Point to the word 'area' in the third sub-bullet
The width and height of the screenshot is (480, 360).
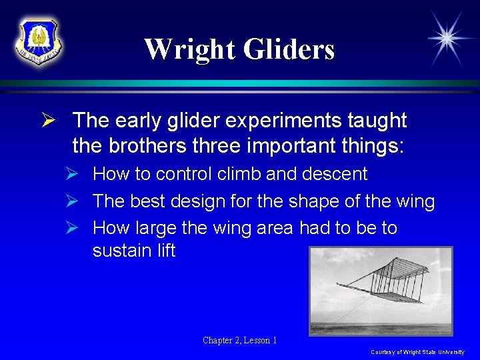(273, 229)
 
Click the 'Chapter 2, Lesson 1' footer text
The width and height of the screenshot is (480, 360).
(240, 341)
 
